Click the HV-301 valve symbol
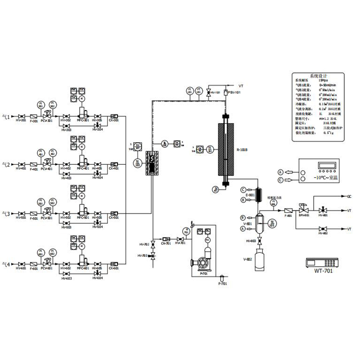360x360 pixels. [18, 115]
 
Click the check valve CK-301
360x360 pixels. [114, 115]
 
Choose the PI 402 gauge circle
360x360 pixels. [53, 153]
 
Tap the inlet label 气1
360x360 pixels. [6, 115]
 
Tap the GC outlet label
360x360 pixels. [349, 197]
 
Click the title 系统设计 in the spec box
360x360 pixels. [319, 76]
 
